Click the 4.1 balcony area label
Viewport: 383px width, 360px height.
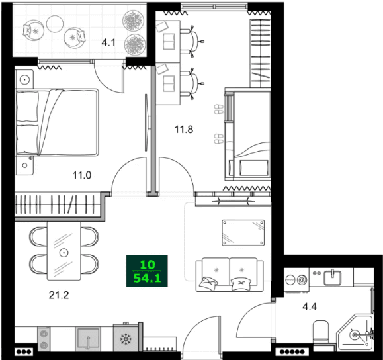(108, 44)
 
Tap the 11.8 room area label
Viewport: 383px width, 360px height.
(184, 130)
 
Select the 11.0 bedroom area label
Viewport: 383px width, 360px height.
(83, 175)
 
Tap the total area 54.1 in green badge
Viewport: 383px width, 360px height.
(148, 278)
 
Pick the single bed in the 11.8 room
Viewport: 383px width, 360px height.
(251, 136)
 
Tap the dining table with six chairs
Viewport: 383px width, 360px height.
(64, 252)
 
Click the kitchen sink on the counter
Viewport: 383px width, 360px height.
(89, 338)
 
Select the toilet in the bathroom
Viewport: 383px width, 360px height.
(321, 331)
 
